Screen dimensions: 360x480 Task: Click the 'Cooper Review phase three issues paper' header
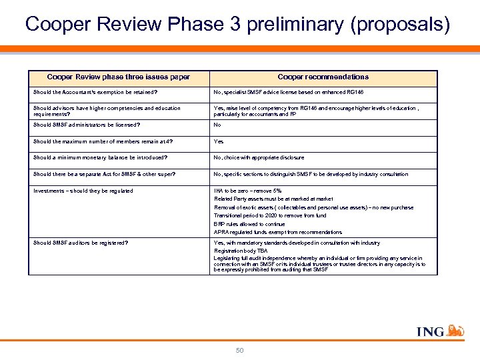coord(119,77)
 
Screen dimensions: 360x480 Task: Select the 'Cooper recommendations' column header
coord(323,77)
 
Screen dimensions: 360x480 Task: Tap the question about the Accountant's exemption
coord(95,92)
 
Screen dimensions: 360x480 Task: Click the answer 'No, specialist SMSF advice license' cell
coord(288,92)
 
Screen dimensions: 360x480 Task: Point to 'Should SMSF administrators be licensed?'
coord(87,125)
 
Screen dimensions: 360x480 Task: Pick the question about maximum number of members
coord(99,141)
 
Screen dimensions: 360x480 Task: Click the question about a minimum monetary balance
coord(100,158)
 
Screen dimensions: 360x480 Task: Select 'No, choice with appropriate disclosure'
coord(259,158)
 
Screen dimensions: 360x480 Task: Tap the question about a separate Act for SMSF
coord(105,175)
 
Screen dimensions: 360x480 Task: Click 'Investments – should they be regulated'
coord(83,191)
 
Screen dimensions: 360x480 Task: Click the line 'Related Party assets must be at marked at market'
coord(273,199)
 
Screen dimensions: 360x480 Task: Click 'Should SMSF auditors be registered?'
coord(81,243)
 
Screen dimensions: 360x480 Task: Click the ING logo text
coord(430,331)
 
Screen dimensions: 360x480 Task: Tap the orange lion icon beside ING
coord(455,329)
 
